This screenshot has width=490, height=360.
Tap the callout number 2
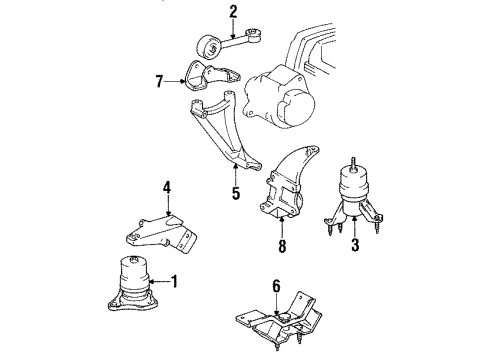point(233,12)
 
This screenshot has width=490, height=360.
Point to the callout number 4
point(168,186)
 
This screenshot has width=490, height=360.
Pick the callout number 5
point(235,192)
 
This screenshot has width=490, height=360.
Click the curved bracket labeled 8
point(285,184)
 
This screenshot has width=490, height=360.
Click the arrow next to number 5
point(235,172)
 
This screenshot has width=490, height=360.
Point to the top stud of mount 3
point(356,160)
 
